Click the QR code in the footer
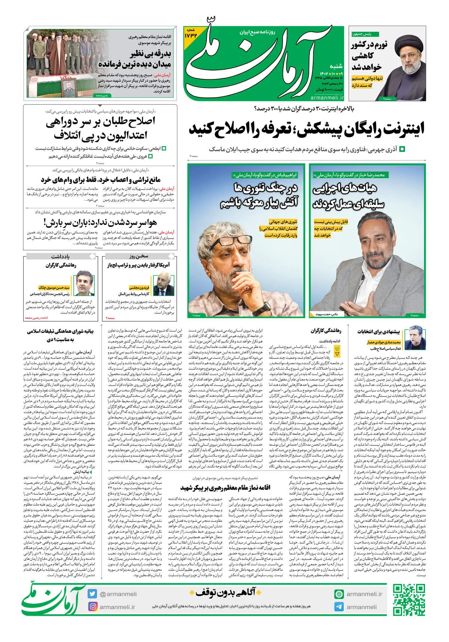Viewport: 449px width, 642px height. [409, 600]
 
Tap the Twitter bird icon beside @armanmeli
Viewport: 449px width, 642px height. [92, 594]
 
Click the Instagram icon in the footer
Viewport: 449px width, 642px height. [92, 606]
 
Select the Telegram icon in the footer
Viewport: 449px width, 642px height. [339, 607]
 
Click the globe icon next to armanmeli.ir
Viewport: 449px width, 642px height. [339, 594]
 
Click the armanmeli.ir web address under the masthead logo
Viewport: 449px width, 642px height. [327, 98]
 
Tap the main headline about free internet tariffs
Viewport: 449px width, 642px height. [307, 129]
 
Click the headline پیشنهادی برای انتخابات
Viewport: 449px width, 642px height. [378, 331]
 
